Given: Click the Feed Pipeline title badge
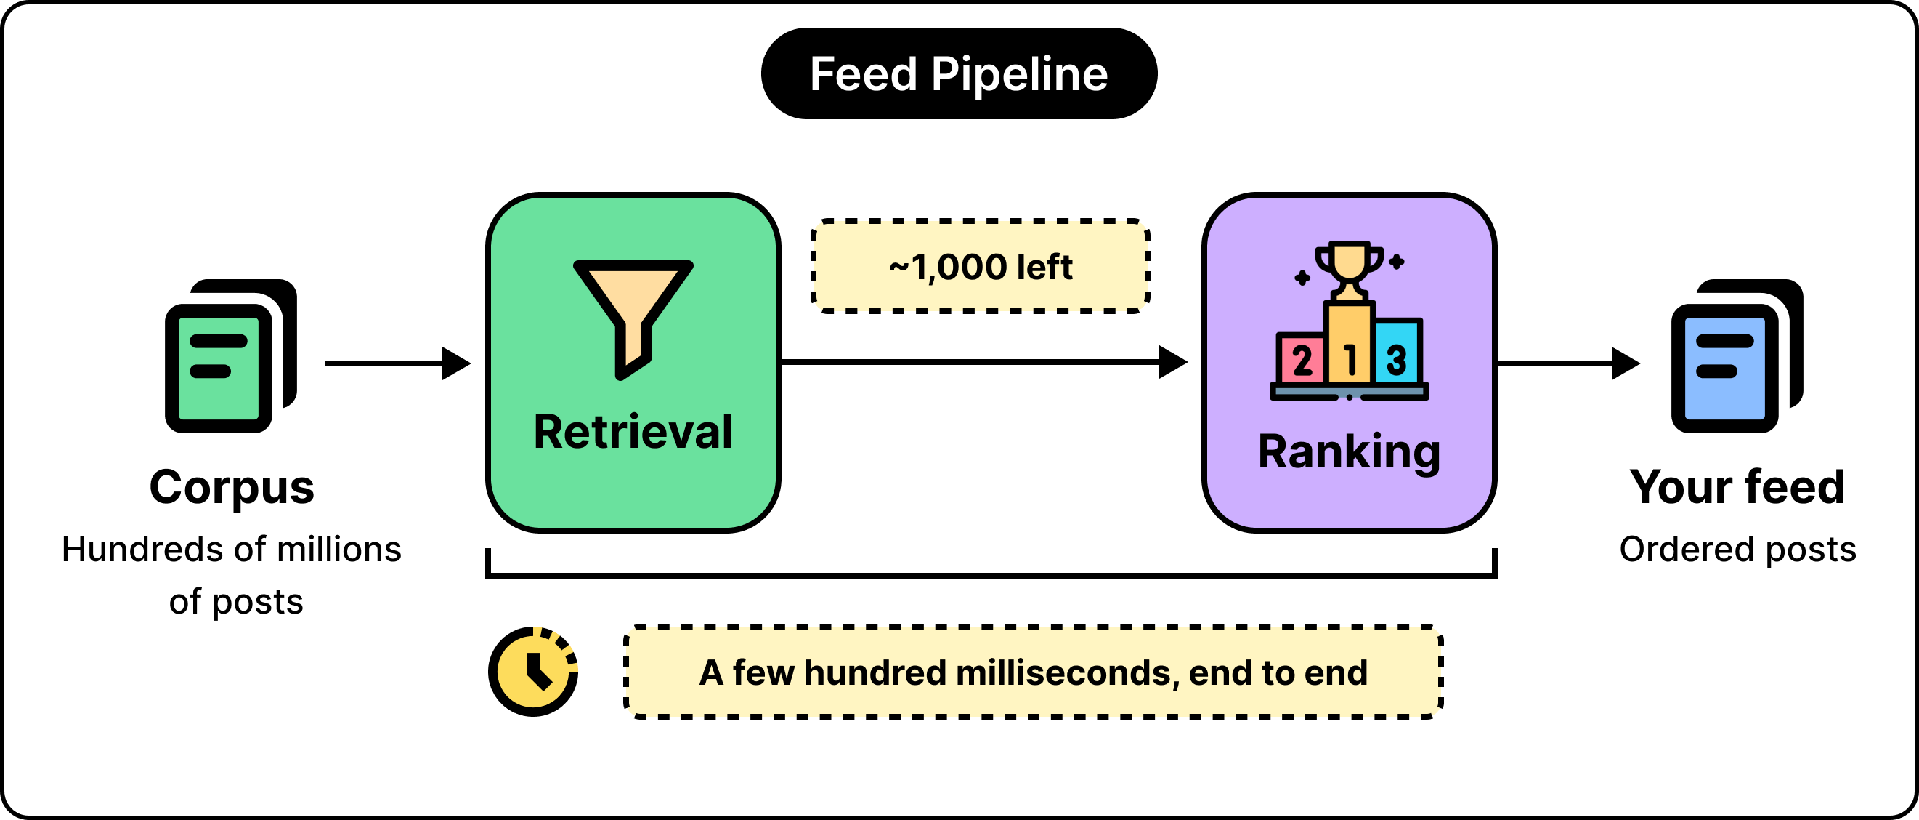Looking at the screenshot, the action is tap(959, 74).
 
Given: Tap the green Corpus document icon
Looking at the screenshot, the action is tap(231, 355).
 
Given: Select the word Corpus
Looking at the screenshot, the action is tap(232, 489).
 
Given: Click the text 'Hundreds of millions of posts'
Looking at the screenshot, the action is tap(232, 575).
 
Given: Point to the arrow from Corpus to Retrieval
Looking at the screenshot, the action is tap(399, 363).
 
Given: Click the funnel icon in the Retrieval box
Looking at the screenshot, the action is tap(633, 319).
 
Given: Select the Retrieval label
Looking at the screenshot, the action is tap(633, 432).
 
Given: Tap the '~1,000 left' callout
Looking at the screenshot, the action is tap(981, 266).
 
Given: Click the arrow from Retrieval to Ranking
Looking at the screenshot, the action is tap(984, 362).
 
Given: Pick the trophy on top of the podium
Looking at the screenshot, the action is tap(1349, 270).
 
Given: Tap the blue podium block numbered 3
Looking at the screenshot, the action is tap(1397, 351).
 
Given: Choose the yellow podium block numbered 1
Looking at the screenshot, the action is tap(1349, 344).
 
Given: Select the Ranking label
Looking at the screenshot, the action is tap(1349, 452).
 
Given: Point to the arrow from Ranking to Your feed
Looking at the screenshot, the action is tap(1568, 363).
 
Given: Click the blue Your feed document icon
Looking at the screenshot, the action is tap(1737, 355).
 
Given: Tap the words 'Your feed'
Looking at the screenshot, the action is tap(1737, 487).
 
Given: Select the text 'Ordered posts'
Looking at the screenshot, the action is tap(1737, 550).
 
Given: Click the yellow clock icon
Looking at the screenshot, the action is tap(533, 671).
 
